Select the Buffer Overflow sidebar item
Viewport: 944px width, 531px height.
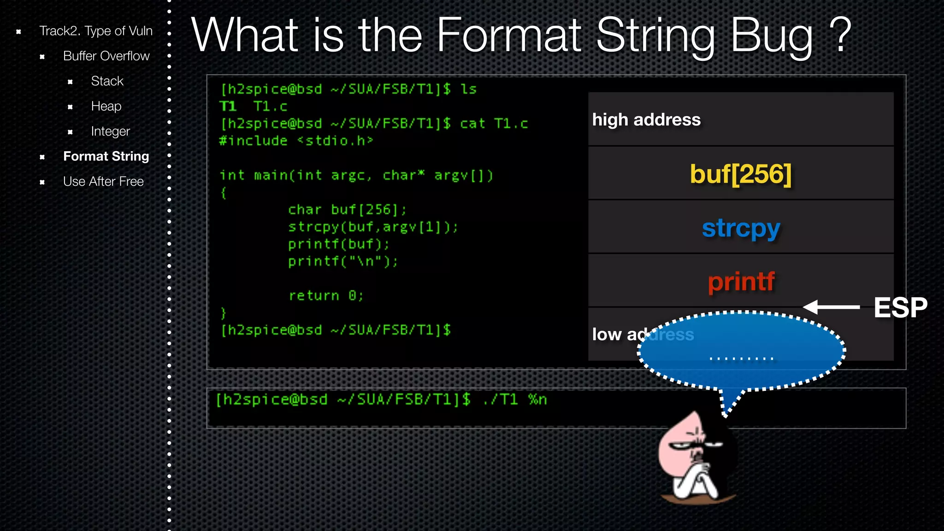106,56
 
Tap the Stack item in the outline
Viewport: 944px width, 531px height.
107,81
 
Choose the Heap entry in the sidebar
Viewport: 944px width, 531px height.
106,106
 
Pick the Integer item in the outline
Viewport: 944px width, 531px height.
110,131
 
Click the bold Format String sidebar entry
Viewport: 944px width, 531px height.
106,156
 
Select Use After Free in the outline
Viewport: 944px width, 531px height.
103,182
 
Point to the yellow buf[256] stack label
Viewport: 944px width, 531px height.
740,174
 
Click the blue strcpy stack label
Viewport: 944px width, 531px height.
741,228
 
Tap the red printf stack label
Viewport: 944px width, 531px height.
741,282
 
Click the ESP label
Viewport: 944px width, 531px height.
900,307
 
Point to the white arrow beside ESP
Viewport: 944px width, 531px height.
831,307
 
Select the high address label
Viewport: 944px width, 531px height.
646,120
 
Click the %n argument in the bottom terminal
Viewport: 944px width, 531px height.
537,400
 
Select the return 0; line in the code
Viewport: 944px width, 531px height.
326,295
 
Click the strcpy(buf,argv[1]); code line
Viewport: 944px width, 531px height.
372,227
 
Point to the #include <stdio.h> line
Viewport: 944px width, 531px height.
295,141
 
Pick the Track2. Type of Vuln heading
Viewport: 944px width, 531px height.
95,31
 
